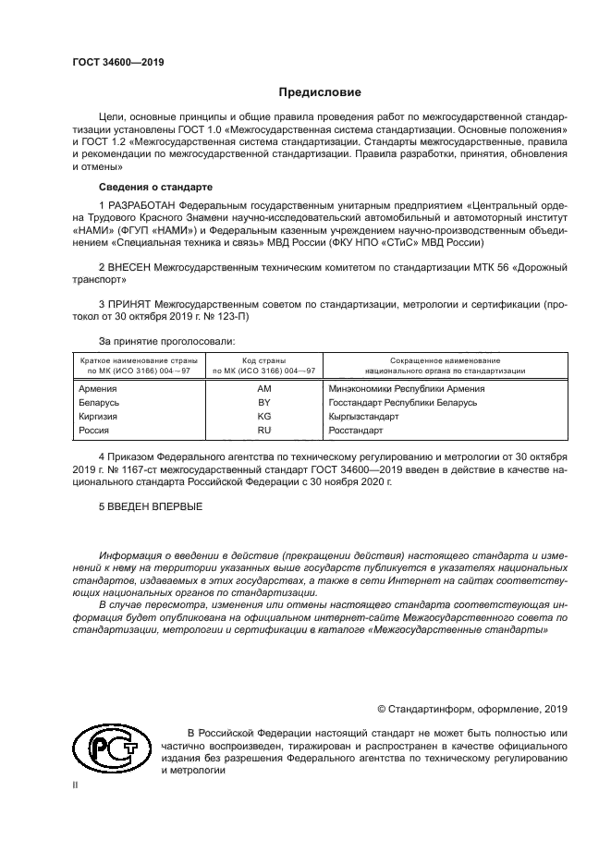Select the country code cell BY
[263, 403]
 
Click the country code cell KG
[263, 417]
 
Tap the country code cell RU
[263, 431]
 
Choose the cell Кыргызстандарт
[363, 417]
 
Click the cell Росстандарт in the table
[357, 431]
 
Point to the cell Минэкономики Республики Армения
[407, 388]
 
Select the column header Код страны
[263, 359]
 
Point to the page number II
[77, 784]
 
